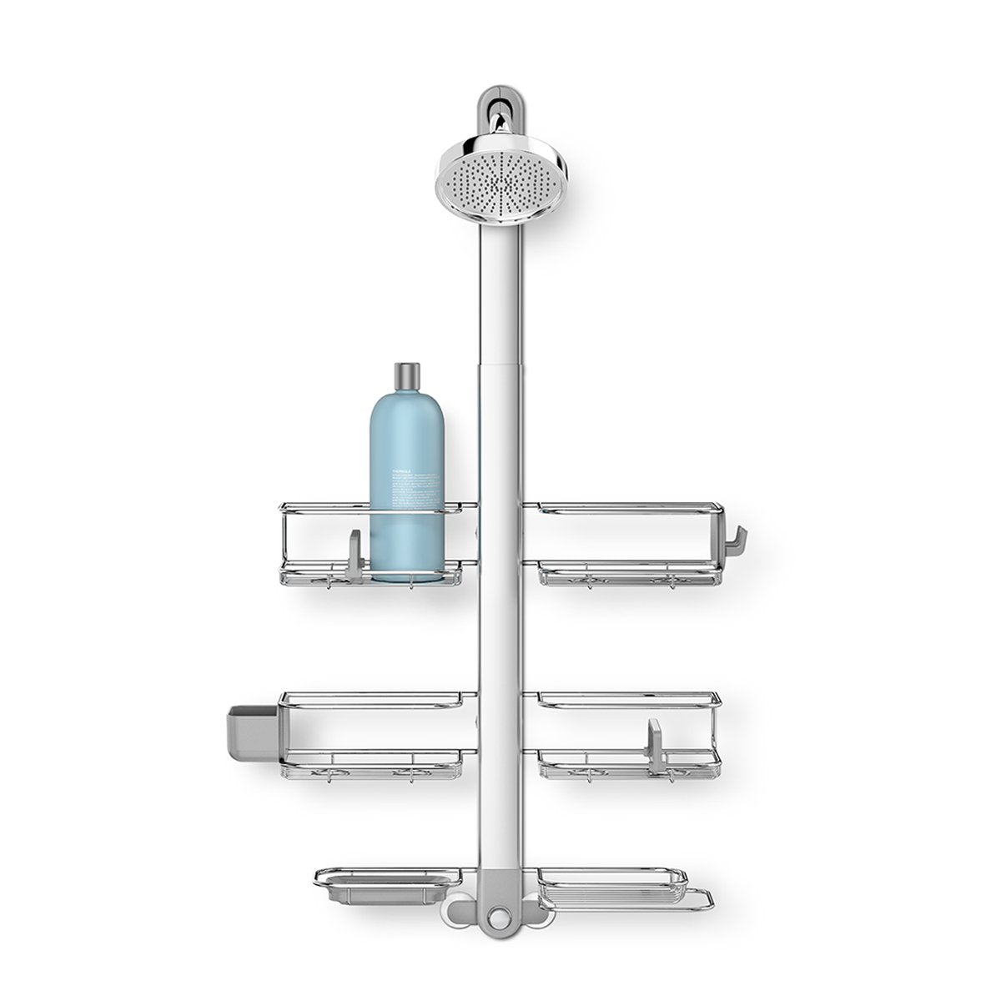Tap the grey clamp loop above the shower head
499,93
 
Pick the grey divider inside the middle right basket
656,738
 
